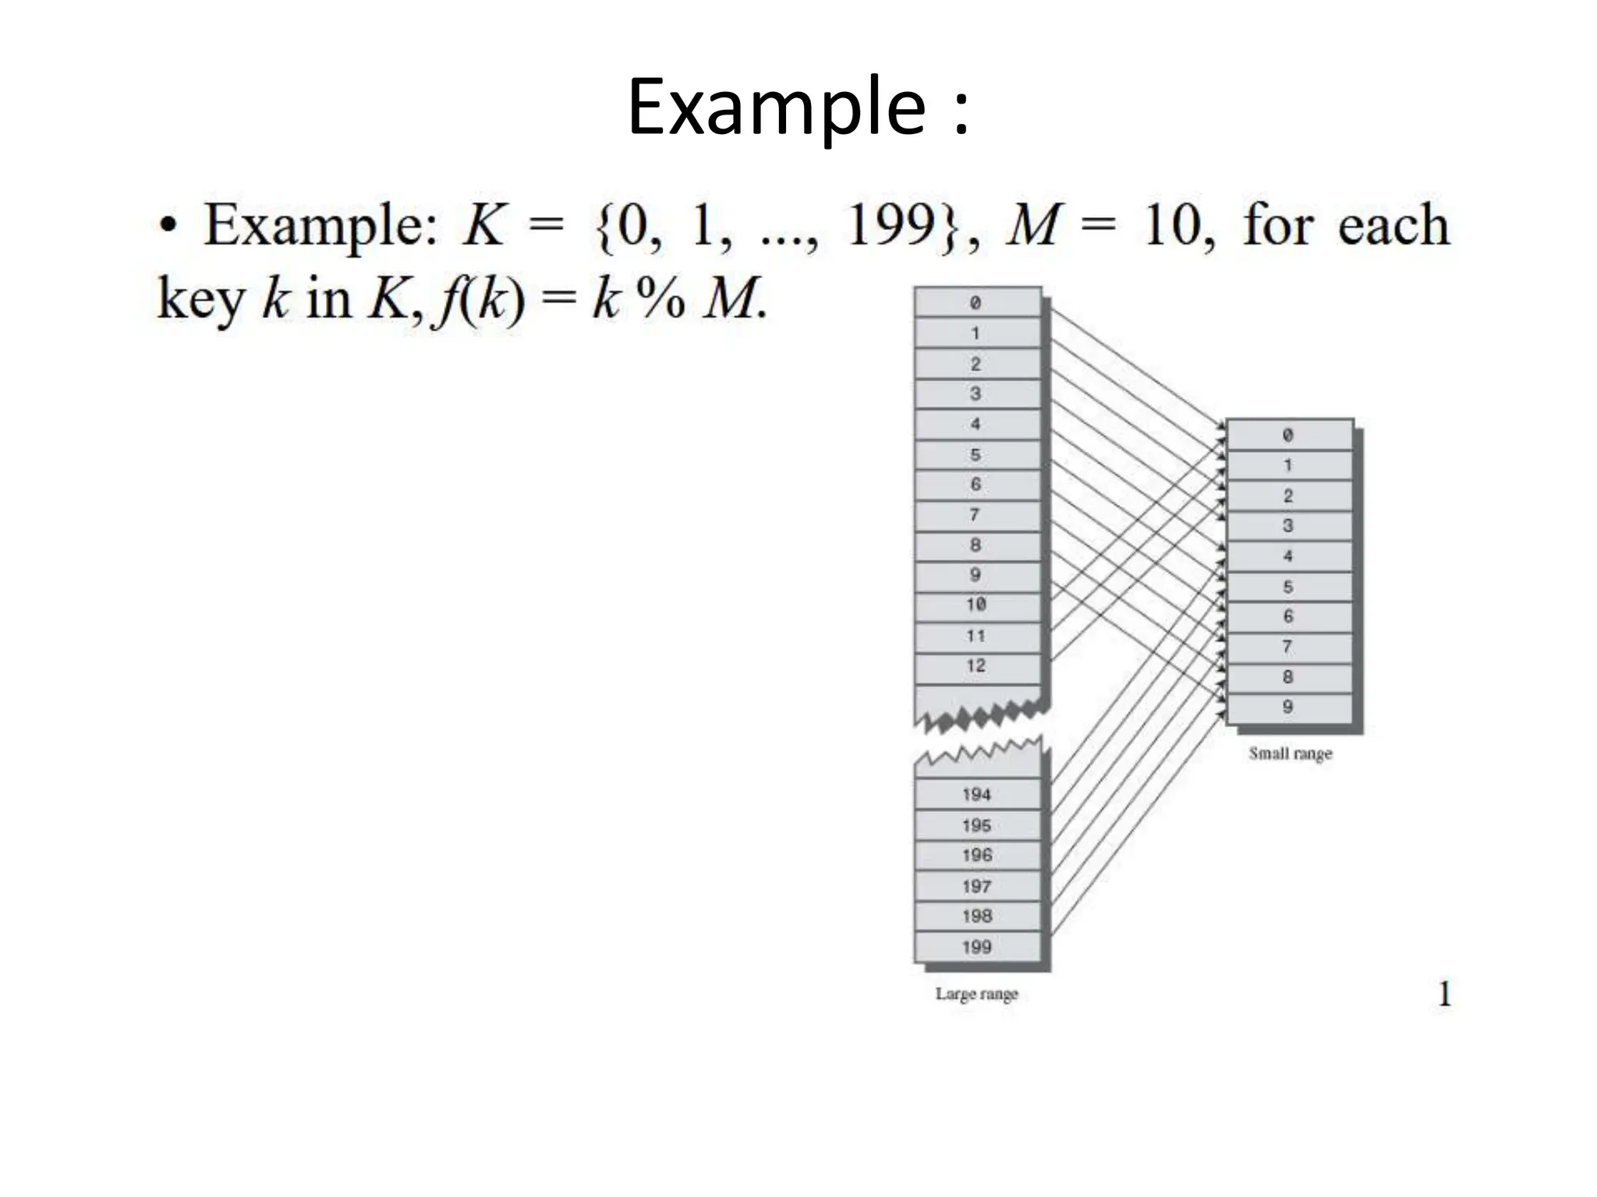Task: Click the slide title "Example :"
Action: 798,107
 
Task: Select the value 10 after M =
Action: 1177,226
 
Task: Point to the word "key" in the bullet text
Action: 201,298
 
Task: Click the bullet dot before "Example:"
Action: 167,226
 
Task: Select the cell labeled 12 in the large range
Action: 977,666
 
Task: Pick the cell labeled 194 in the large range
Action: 977,795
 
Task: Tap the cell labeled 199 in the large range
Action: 977,948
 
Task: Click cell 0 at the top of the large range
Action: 977,303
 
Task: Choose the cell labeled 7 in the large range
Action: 977,515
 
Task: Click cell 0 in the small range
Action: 1288,436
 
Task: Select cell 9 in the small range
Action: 1288,708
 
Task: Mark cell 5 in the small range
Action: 1288,587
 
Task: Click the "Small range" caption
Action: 1291,754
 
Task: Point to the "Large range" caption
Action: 977,994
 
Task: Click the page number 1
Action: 1445,994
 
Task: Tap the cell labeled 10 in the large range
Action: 977,606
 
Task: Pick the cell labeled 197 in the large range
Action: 977,887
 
